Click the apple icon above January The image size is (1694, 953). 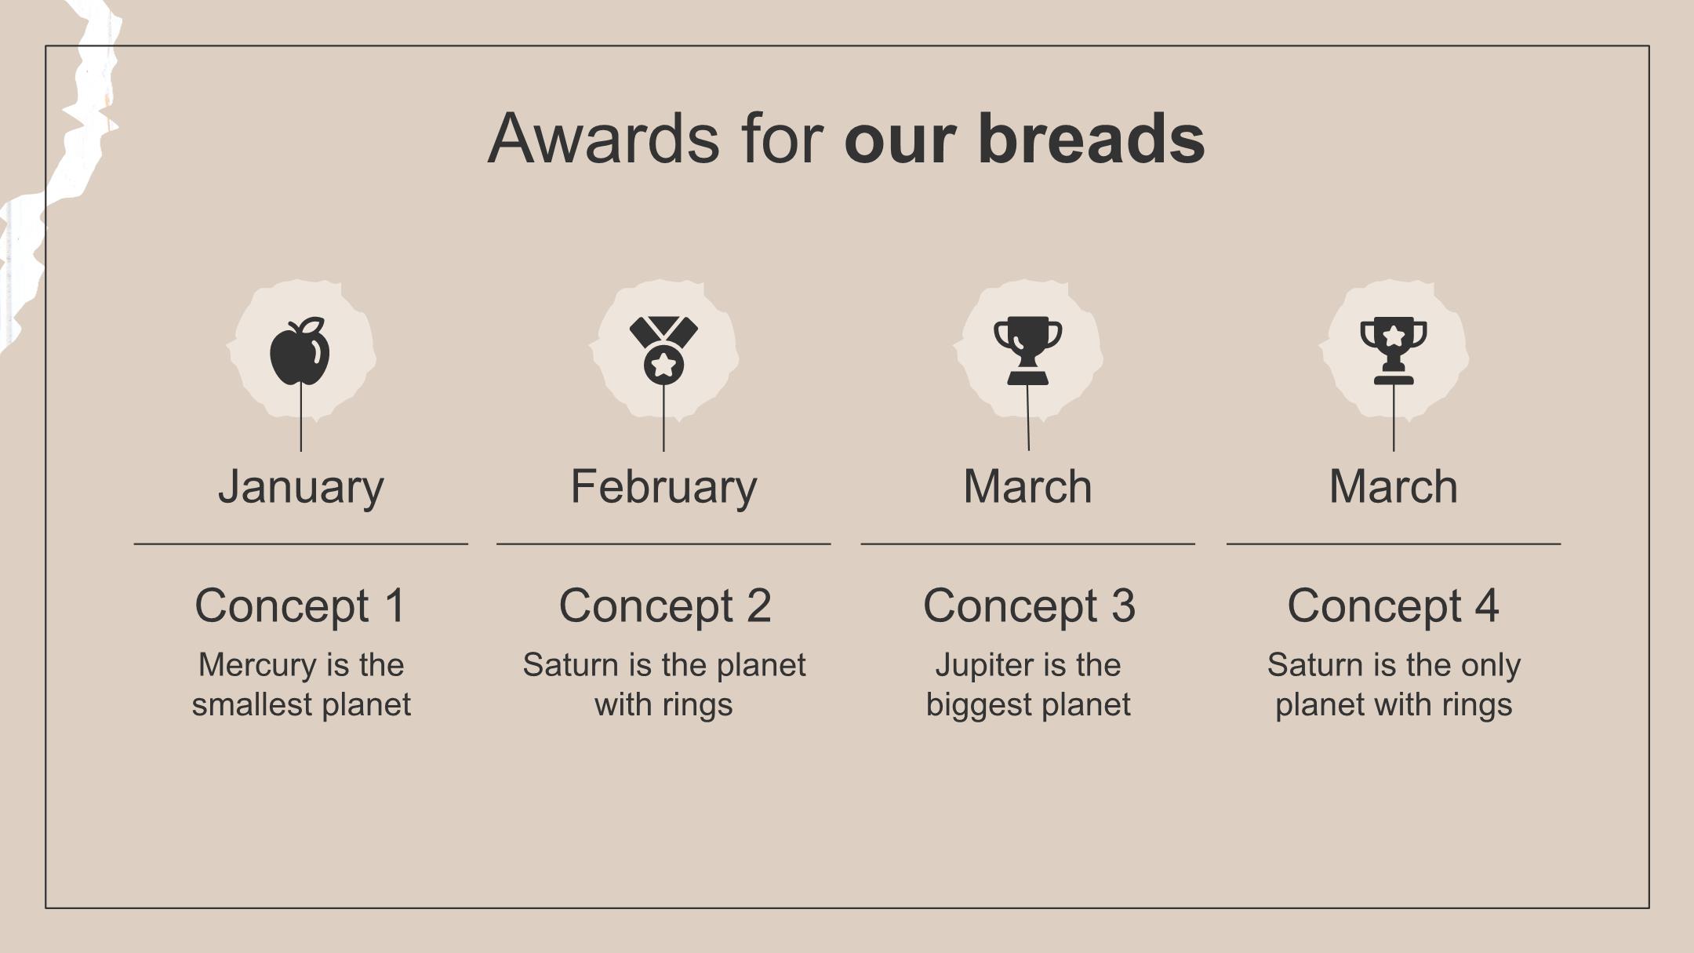(x=300, y=351)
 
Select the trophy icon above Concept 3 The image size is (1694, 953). (x=1027, y=351)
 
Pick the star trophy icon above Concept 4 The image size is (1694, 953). (x=1394, y=351)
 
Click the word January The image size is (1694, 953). (x=301, y=486)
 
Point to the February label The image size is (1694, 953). (x=663, y=486)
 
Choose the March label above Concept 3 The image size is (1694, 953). (x=1027, y=486)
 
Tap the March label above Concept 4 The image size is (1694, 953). (x=1394, y=486)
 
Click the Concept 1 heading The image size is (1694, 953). (x=300, y=606)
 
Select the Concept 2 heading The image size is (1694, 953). (x=665, y=606)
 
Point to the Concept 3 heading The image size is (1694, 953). (x=1029, y=606)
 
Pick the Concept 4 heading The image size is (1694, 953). (x=1394, y=606)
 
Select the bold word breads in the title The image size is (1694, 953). (x=1091, y=138)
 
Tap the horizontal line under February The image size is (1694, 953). (x=663, y=543)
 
